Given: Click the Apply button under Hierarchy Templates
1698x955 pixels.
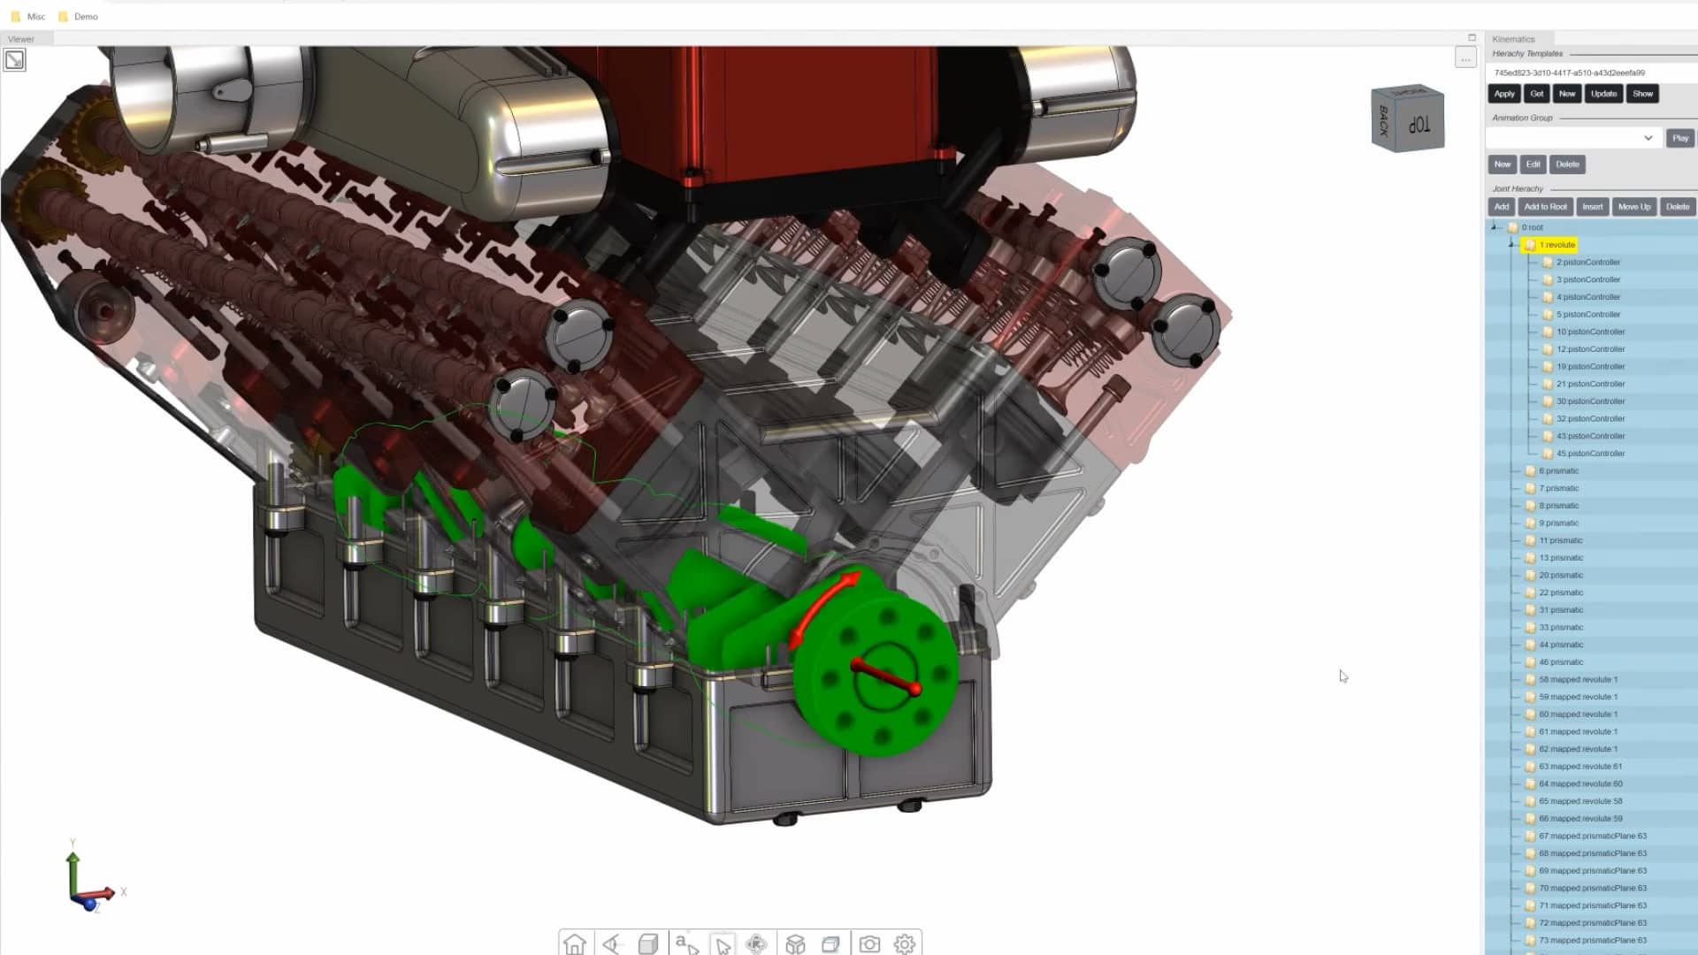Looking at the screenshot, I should tap(1503, 94).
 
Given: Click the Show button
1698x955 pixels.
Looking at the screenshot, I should tap(1642, 94).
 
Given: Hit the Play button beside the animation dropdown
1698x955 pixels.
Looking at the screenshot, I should tap(1679, 138).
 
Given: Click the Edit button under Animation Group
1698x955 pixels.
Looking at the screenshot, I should tap(1533, 164).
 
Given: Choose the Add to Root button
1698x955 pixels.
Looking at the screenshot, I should tap(1545, 207).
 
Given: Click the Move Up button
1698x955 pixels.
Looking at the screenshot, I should tap(1633, 207).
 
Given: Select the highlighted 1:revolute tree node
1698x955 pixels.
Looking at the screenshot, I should tap(1556, 245).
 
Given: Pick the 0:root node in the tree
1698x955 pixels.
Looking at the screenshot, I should tap(1532, 227).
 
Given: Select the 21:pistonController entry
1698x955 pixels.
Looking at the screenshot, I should tap(1590, 384).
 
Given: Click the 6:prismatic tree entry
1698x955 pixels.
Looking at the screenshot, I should tap(1558, 470).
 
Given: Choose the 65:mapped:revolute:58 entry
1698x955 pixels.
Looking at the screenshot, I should tap(1580, 801).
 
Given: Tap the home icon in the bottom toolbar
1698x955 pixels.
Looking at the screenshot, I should tap(575, 944).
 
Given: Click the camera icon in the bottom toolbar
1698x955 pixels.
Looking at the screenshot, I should tap(869, 944).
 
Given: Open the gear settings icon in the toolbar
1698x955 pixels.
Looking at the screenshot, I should tap(904, 944).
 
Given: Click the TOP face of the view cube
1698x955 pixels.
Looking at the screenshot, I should tap(1419, 125).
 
